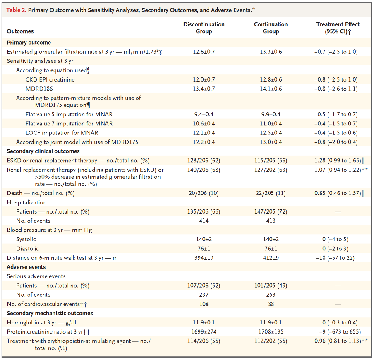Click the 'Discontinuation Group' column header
click(204, 28)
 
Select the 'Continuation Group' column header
click(271, 28)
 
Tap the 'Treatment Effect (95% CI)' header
click(338, 28)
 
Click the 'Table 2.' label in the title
click(16, 10)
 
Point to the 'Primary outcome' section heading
click(29, 42)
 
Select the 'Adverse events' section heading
click(26, 267)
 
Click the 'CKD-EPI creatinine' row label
click(50, 79)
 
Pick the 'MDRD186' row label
click(39, 89)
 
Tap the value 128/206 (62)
click(204, 160)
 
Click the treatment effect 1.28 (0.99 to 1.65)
click(336, 160)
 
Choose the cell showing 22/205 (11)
click(271, 193)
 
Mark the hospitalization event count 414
click(204, 221)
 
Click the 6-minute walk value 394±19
click(204, 258)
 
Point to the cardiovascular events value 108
click(204, 304)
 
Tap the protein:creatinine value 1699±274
click(204, 332)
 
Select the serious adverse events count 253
click(271, 295)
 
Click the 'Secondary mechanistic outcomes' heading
click(50, 313)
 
